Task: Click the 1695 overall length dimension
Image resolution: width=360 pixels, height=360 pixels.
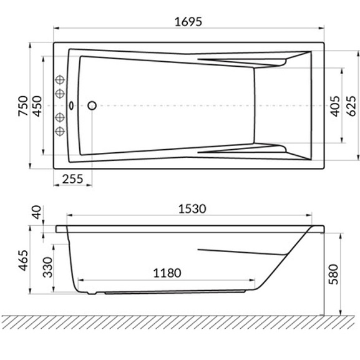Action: click(x=188, y=22)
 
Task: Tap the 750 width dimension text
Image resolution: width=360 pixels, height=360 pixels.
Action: click(x=23, y=106)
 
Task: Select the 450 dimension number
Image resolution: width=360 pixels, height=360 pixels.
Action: click(x=37, y=106)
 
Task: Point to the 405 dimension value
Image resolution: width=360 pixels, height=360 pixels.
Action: click(x=335, y=106)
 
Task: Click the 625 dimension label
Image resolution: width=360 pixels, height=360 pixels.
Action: click(x=351, y=106)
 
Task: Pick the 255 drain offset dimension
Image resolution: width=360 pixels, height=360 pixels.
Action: click(x=72, y=179)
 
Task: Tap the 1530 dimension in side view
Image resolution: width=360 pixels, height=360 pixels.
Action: click(x=192, y=209)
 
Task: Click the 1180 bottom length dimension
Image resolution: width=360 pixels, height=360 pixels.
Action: click(x=167, y=273)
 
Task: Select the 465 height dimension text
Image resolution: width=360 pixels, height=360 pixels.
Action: click(x=23, y=260)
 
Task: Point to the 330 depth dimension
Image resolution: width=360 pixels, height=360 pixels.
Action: click(x=48, y=267)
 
